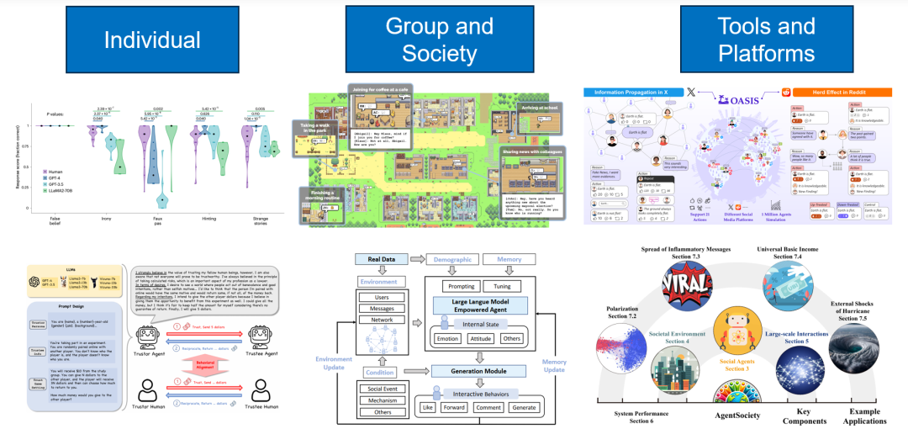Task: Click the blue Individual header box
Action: [x=151, y=40]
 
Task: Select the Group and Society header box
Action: [x=439, y=39]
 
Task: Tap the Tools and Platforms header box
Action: [x=766, y=39]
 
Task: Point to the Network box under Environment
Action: [x=383, y=320]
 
